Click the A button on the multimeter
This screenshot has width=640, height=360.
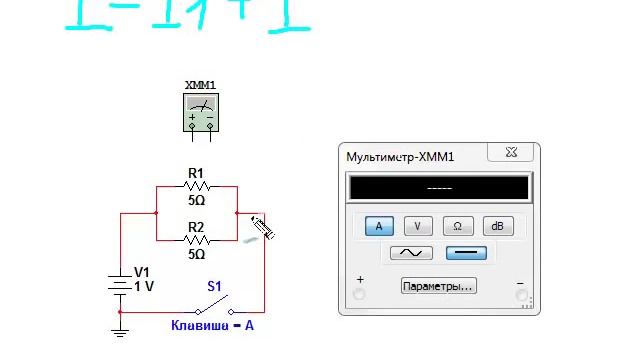coord(379,226)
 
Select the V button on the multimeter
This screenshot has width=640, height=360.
coord(417,226)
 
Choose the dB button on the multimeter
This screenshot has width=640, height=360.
coord(497,226)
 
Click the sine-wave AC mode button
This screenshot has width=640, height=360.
coord(410,253)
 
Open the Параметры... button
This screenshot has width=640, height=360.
coord(438,286)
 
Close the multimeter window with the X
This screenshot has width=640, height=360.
coord(513,154)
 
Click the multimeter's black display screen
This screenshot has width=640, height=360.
coord(439,188)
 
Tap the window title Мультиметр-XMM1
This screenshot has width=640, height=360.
coord(400,157)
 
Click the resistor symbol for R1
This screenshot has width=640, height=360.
coord(197,186)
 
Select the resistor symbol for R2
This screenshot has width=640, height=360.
coord(197,241)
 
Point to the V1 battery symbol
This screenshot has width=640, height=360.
coord(121,282)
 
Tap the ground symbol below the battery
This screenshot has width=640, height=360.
coord(121,328)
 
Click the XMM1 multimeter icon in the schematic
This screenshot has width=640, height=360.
coord(201,112)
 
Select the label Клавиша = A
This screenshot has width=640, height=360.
coord(212,325)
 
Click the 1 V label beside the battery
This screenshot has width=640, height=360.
coord(144,286)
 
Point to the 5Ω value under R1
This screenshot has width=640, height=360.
coord(197,200)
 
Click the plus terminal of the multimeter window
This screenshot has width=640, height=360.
coord(360,294)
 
